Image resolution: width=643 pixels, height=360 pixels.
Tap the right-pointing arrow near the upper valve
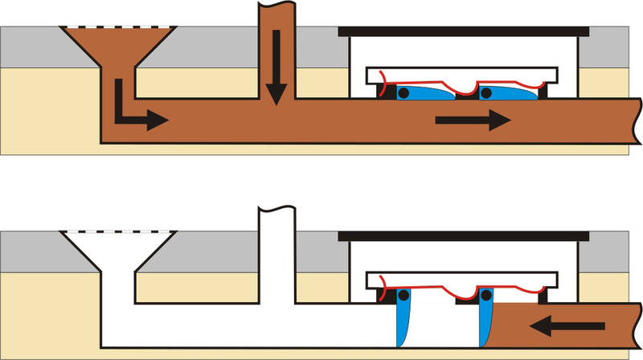(473, 121)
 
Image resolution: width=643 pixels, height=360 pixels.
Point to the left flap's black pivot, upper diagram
(403, 93)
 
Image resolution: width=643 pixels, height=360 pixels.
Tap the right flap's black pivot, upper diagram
(486, 93)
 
